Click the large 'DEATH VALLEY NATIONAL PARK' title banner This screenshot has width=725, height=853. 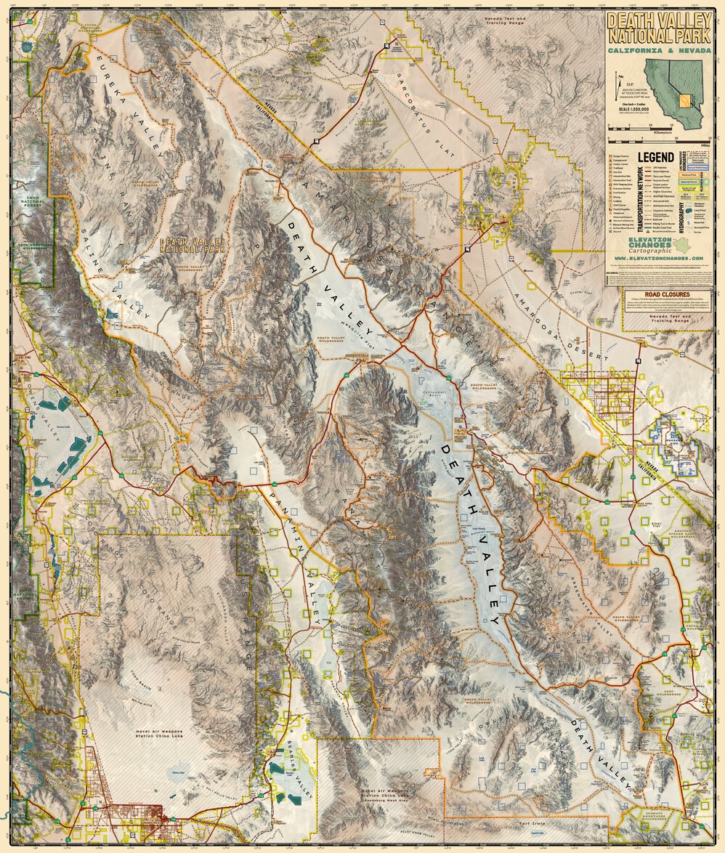coord(659,28)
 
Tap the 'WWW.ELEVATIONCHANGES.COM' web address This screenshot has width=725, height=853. coord(658,258)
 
